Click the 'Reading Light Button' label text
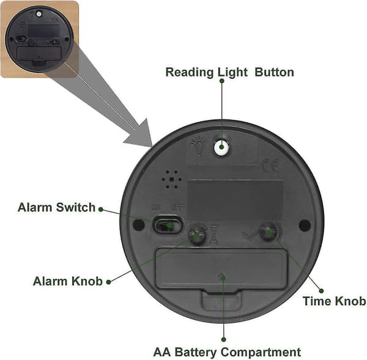[229, 72]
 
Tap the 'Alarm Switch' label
[56, 207]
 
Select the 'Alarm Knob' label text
[68, 281]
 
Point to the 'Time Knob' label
[334, 301]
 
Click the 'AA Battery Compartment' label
[227, 352]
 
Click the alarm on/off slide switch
[167, 225]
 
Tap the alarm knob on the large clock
[198, 235]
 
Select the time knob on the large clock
[269, 232]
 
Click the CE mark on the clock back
[271, 165]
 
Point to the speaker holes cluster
[172, 180]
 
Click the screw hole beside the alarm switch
[139, 225]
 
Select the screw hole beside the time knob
[305, 226]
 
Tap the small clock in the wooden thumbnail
[39, 39]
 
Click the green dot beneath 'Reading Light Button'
[222, 81]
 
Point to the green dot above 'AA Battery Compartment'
[224, 339]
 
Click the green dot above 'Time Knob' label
[322, 291]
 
